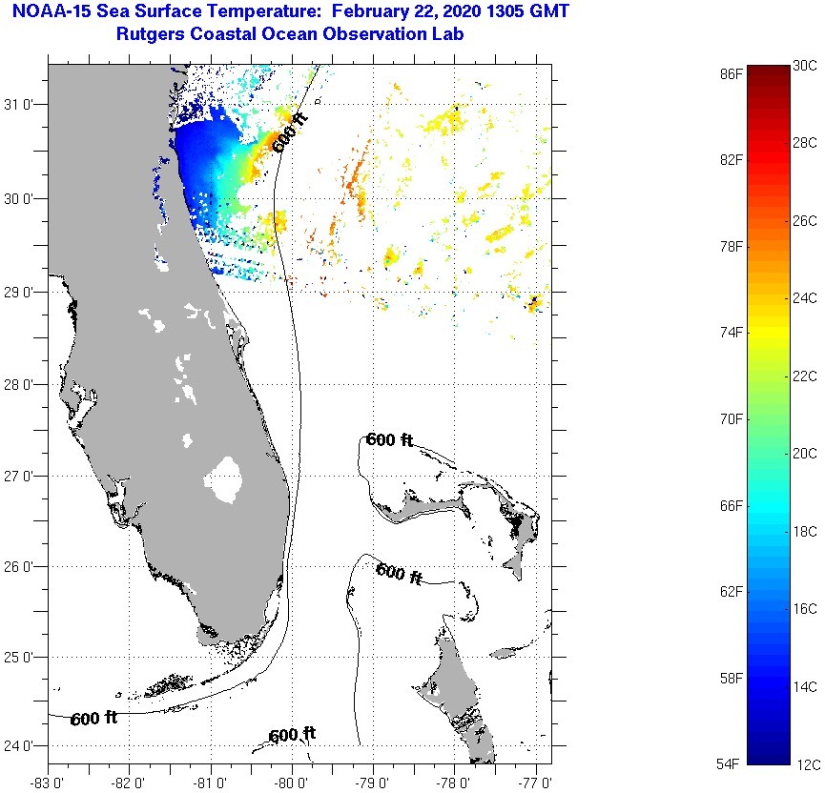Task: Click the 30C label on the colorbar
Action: (805, 66)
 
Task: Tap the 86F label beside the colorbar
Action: (732, 72)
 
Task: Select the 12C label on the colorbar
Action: (805, 763)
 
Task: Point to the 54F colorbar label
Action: (732, 763)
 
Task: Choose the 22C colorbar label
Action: (805, 376)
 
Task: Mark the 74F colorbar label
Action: (732, 332)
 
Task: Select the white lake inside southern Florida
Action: (226, 478)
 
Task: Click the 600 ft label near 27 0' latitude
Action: (389, 439)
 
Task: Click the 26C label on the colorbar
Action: (805, 221)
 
